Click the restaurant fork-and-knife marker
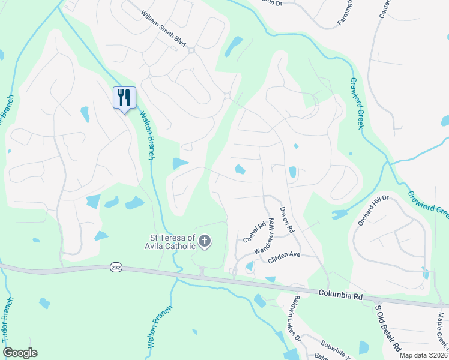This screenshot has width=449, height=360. pos(124,97)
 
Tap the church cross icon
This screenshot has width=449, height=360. pos(205,242)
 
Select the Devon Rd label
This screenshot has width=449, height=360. pos(286,220)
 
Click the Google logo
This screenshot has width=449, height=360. pos(20,353)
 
